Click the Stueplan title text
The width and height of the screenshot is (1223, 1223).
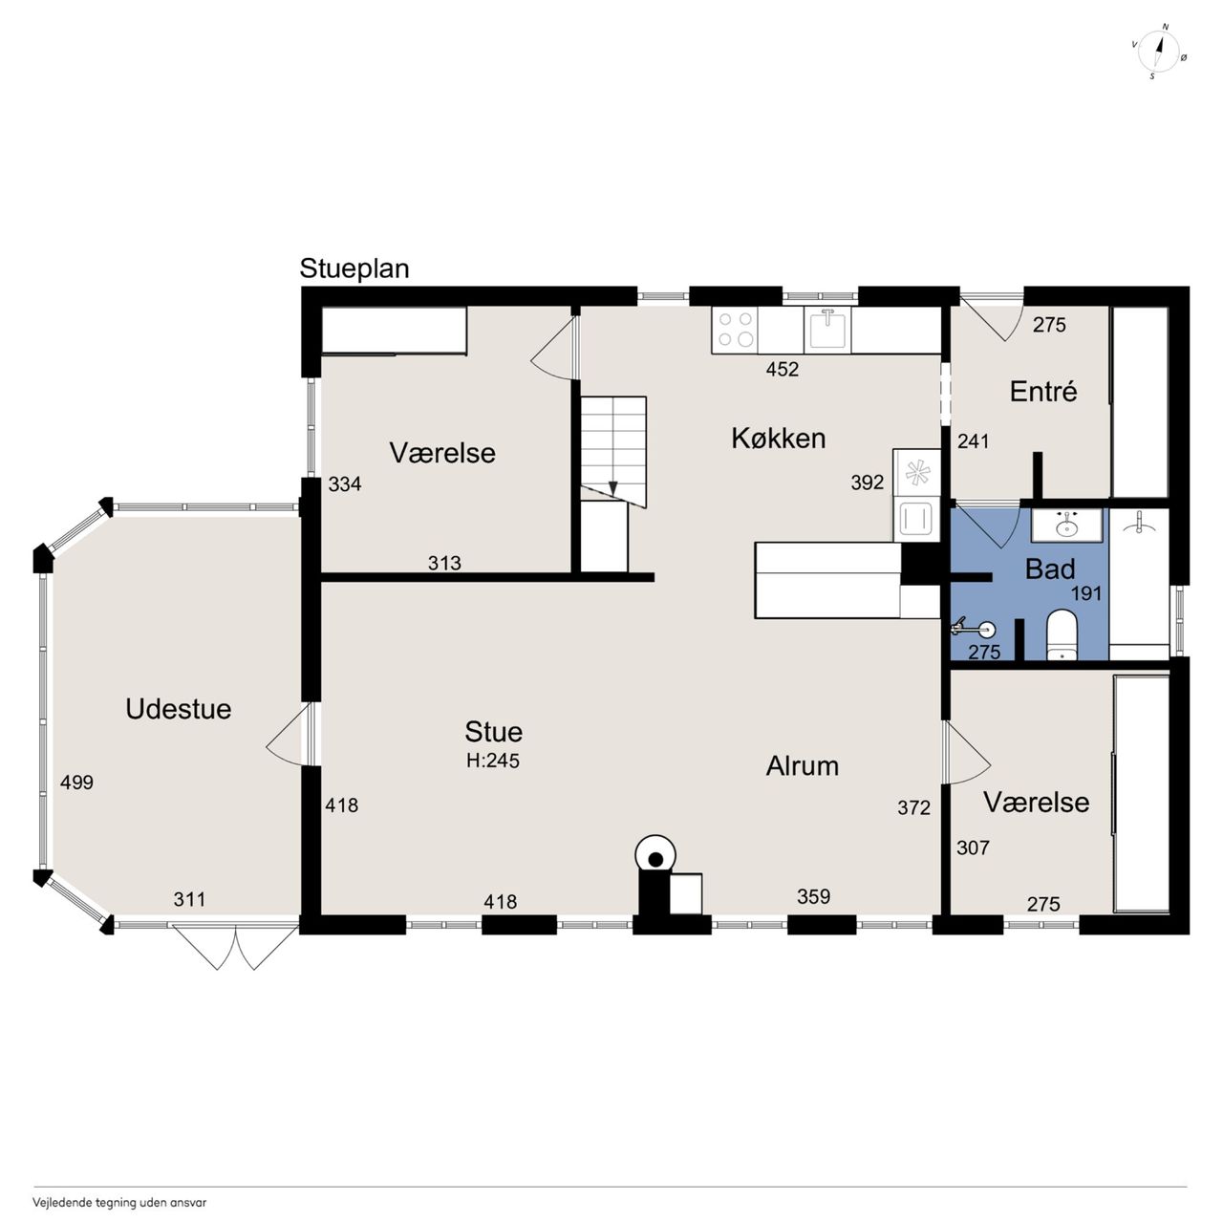[354, 269]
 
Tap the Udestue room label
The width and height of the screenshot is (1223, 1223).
[179, 709]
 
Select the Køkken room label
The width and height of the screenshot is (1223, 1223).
[779, 439]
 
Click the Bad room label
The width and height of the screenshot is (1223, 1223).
[1050, 569]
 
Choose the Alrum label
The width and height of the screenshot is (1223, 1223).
[803, 766]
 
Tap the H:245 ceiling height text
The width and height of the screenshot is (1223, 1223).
[493, 761]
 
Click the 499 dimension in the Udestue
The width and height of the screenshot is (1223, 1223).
[76, 783]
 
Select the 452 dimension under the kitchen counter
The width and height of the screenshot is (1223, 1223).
[782, 369]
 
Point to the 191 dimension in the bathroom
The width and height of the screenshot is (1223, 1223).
[1086, 593]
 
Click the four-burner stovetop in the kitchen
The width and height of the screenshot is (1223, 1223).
[735, 330]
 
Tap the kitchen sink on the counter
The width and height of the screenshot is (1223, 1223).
[827, 329]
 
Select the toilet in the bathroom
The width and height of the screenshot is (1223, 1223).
[1060, 635]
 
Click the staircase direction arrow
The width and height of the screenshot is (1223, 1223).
[613, 486]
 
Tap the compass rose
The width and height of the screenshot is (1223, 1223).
[1159, 52]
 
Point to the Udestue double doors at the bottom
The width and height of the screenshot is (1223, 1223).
[235, 946]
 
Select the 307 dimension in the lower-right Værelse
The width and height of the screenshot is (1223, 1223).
[973, 848]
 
